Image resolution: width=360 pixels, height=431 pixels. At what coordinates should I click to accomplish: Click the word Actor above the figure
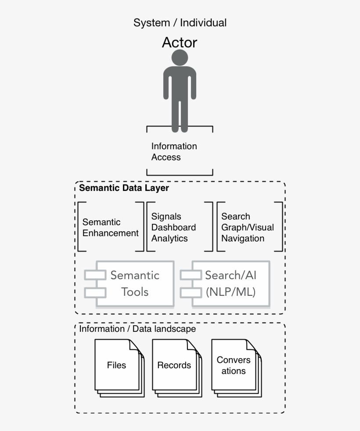[180, 43]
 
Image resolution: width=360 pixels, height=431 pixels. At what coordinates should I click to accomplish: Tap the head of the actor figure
[180, 57]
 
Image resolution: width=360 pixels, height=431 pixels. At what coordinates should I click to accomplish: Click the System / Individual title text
[180, 23]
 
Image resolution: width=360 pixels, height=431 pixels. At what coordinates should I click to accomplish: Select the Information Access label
[174, 151]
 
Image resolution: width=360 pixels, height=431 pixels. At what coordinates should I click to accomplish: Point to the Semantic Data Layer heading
[124, 188]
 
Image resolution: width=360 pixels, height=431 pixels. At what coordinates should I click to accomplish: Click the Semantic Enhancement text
[110, 227]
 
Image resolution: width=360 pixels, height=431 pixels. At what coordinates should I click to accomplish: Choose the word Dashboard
[173, 227]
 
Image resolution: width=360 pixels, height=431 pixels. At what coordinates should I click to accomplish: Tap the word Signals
[166, 216]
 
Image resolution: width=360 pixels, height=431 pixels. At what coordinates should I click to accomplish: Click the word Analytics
[169, 238]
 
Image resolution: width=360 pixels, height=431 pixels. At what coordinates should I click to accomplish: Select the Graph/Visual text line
[247, 227]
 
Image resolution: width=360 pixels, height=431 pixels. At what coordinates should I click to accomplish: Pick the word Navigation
[243, 238]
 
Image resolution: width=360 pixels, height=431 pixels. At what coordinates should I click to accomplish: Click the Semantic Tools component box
[135, 284]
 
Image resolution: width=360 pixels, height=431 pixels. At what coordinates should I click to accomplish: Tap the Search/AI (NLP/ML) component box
[230, 284]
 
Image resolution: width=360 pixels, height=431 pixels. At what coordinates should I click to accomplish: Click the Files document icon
[117, 365]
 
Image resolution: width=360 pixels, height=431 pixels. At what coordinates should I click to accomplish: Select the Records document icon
[174, 365]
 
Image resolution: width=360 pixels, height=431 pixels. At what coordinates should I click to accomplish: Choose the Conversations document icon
[233, 365]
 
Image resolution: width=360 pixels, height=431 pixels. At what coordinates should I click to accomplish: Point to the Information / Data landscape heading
[137, 329]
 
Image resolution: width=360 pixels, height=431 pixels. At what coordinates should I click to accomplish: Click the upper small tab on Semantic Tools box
[95, 275]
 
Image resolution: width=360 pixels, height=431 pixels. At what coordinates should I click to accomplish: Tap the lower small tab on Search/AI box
[191, 292]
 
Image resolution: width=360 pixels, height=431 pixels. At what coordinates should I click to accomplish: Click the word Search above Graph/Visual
[236, 216]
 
